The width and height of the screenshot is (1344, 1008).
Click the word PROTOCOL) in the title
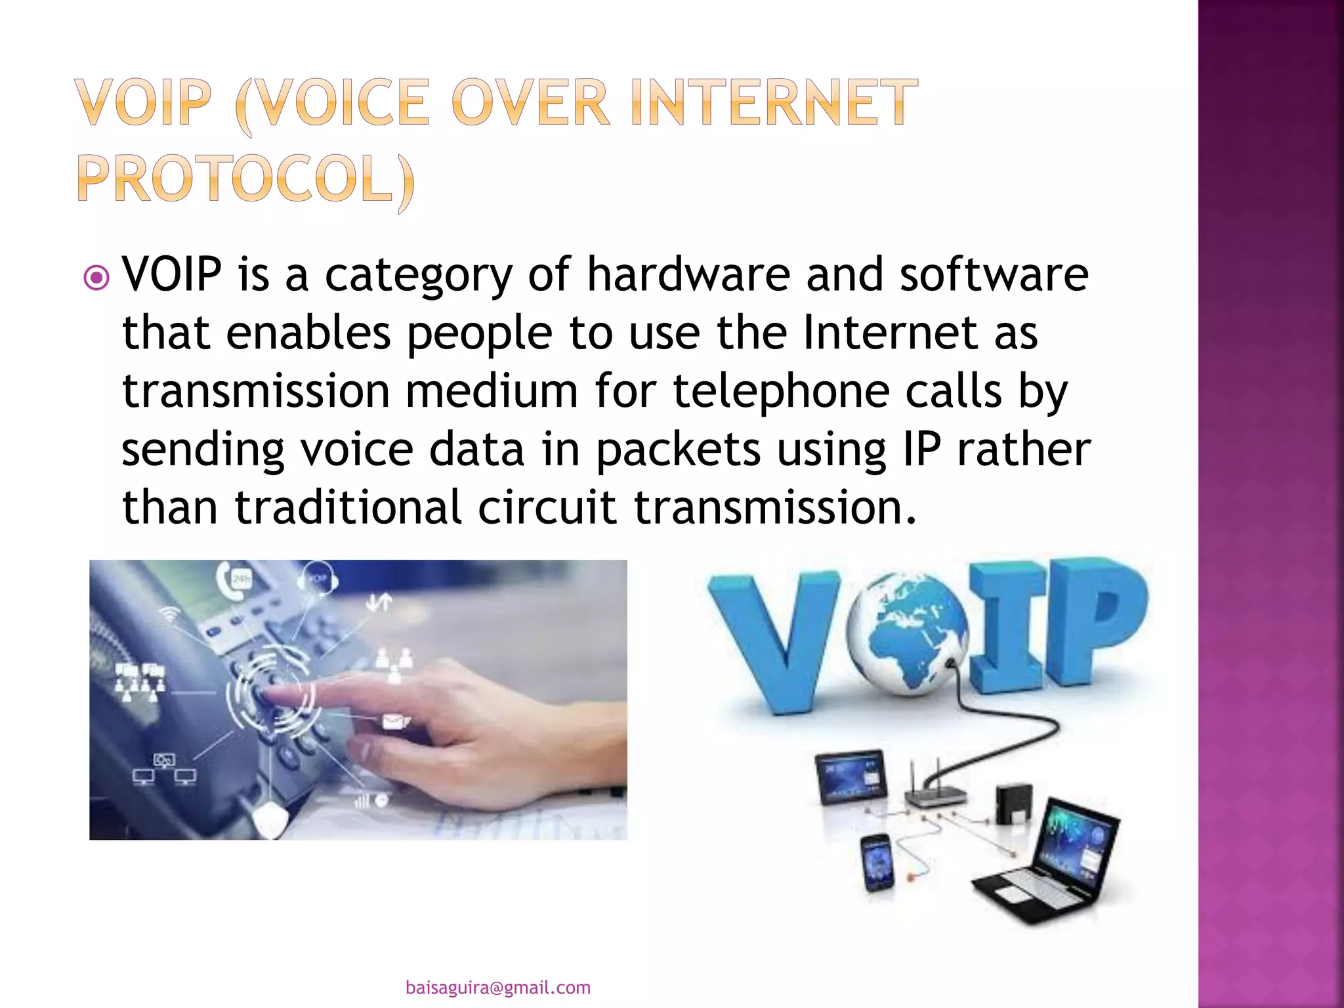click(x=246, y=178)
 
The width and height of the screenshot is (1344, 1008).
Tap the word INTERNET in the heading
click(x=774, y=102)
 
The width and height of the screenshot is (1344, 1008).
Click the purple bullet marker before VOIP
click(x=96, y=278)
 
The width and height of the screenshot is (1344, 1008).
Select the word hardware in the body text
click(x=688, y=274)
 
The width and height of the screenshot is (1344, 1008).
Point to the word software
click(x=994, y=274)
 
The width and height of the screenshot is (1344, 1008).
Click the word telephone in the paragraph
click(x=782, y=391)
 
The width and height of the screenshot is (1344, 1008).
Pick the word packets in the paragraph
click(x=679, y=450)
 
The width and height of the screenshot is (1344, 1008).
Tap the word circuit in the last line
click(x=547, y=508)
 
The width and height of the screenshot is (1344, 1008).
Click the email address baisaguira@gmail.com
click(x=498, y=988)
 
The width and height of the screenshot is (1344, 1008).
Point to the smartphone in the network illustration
click(x=878, y=863)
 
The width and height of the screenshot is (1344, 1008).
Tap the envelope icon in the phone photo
click(x=394, y=723)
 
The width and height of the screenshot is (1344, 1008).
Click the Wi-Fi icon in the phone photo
click(x=170, y=614)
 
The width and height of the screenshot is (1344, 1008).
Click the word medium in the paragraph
click(x=492, y=391)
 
